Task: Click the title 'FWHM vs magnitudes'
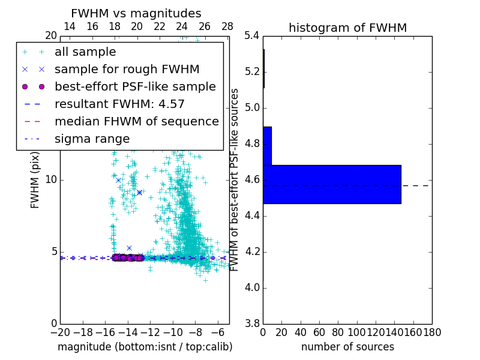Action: [x=136, y=13]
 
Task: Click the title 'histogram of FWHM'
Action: [x=347, y=28]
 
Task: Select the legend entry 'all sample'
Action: [x=85, y=52]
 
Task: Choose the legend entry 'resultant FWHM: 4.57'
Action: [x=119, y=104]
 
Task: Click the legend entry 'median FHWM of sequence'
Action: [x=136, y=121]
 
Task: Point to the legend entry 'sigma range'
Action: [x=92, y=139]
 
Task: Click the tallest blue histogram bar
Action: [x=332, y=184]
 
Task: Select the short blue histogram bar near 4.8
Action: [x=267, y=146]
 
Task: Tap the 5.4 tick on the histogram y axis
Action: [x=251, y=36]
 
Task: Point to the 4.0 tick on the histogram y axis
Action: [x=251, y=287]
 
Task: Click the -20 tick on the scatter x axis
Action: [x=60, y=332]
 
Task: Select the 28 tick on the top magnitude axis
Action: [x=227, y=26]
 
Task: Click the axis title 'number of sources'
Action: [x=347, y=347]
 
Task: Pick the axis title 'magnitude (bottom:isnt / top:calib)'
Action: [x=145, y=347]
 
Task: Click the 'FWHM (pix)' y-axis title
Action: [x=35, y=180]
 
